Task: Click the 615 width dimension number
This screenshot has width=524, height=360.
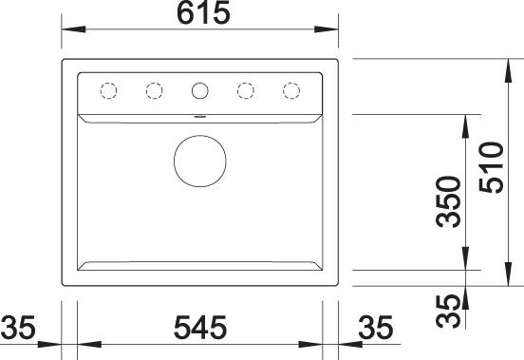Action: pos(203,12)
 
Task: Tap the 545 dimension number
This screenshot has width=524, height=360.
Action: pos(200,327)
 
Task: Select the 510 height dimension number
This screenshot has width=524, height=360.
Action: pos(491,167)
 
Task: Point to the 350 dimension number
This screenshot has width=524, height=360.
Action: pos(448,202)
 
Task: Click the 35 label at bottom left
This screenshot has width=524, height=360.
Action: pos(18,327)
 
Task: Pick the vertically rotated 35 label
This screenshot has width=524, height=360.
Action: pos(448,312)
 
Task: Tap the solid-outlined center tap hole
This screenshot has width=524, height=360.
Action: pos(200,90)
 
